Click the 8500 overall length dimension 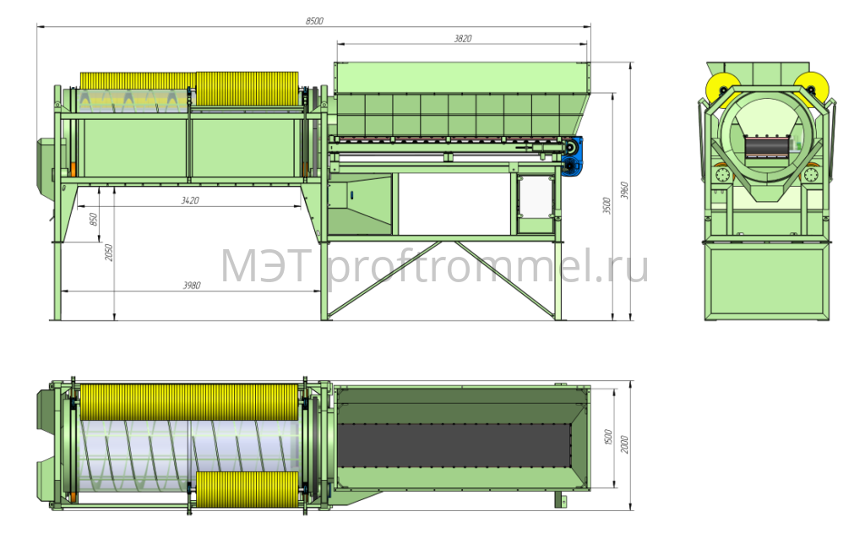[314, 21]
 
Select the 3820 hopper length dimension [463, 39]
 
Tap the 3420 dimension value [190, 200]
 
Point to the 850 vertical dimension [94, 219]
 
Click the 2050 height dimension [109, 253]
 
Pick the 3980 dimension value [192, 286]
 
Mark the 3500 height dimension [607, 206]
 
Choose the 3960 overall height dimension [624, 190]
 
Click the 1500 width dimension [608, 438]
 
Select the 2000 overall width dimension [624, 444]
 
